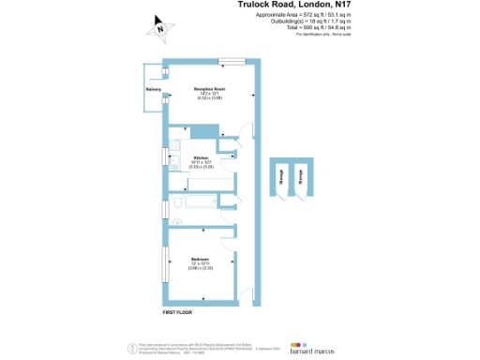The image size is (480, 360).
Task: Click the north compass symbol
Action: click(x=161, y=28)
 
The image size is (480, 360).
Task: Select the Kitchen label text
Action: click(x=200, y=157)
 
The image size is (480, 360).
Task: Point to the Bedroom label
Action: click(x=200, y=258)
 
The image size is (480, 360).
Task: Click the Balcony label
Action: click(x=155, y=90)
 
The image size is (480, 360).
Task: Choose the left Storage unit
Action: click(x=282, y=178)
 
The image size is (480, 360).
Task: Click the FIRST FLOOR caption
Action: click(x=176, y=310)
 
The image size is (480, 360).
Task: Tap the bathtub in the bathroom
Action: click(x=199, y=202)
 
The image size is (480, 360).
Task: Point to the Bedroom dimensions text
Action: click(x=200, y=265)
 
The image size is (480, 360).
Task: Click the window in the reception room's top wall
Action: click(x=226, y=62)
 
